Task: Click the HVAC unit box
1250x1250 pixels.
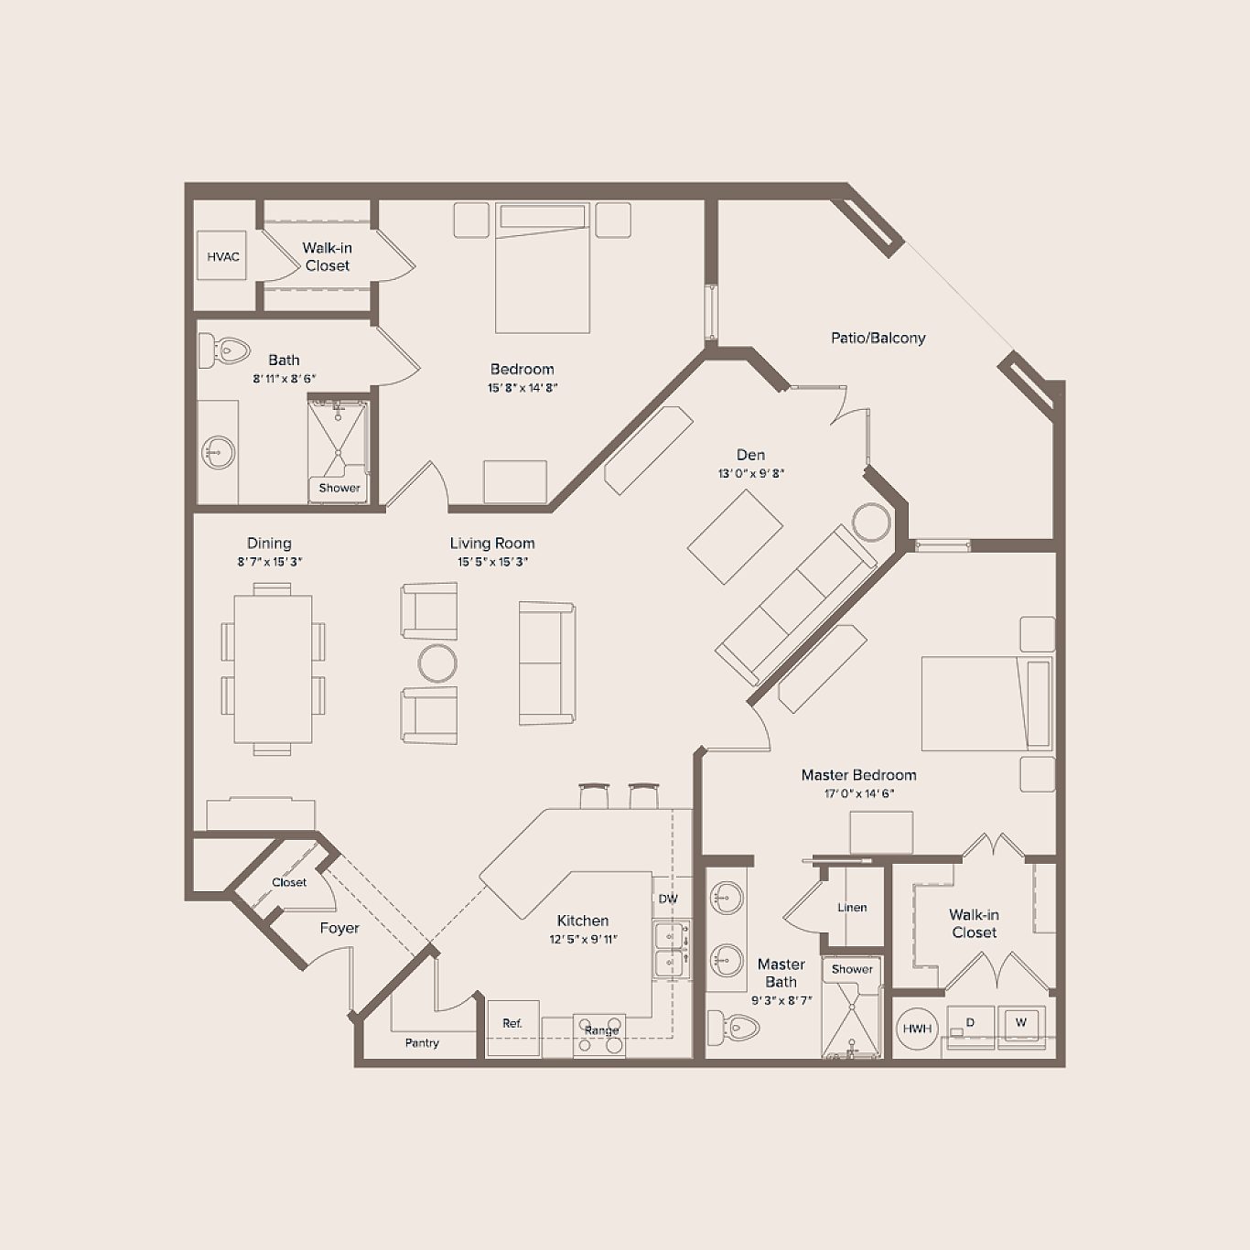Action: click(x=222, y=256)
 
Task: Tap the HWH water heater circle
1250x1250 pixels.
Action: click(x=917, y=1029)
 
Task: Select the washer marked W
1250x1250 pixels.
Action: click(x=1021, y=1024)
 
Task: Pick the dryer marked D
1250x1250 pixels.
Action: click(x=970, y=1024)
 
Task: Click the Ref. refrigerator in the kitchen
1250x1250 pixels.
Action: click(x=512, y=1024)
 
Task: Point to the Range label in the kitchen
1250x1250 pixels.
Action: click(x=601, y=1030)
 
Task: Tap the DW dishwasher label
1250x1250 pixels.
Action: click(x=668, y=899)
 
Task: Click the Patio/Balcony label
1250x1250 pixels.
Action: click(x=878, y=338)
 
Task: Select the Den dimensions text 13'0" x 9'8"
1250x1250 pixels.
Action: click(x=750, y=474)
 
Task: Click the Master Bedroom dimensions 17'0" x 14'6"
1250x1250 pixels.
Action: click(x=858, y=793)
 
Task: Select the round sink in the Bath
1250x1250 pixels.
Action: click(x=218, y=452)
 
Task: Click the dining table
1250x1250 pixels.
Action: click(x=273, y=669)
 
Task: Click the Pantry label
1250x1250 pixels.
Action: click(x=422, y=1042)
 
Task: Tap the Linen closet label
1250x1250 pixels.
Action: click(x=852, y=908)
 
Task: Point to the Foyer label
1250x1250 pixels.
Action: click(x=339, y=928)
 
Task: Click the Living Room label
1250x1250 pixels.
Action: click(x=491, y=543)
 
